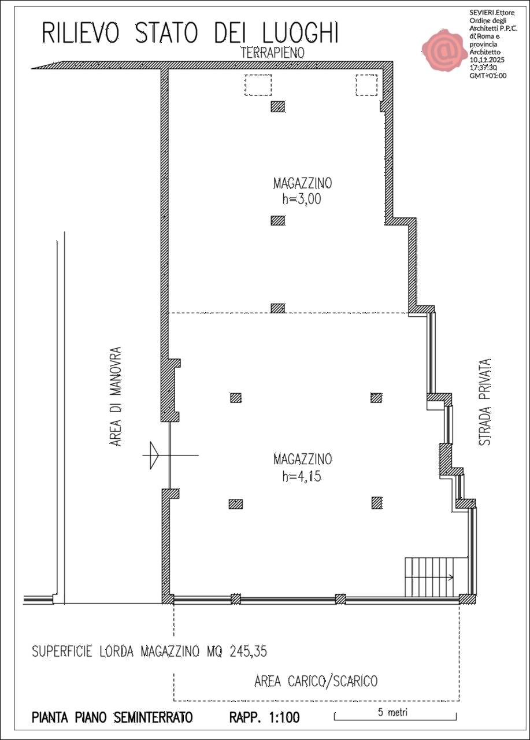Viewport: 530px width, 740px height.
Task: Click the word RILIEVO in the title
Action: pyautogui.click(x=80, y=33)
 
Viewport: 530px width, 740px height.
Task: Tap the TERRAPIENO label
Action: pyautogui.click(x=272, y=53)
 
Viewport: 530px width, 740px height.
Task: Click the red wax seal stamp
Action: pyautogui.click(x=445, y=50)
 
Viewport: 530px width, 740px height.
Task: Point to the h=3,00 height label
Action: pyautogui.click(x=302, y=199)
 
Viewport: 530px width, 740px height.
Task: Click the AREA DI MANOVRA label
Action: pyautogui.click(x=116, y=397)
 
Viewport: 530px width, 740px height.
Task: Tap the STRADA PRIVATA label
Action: pyautogui.click(x=484, y=402)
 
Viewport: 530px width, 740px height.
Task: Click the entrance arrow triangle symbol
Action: pyautogui.click(x=154, y=455)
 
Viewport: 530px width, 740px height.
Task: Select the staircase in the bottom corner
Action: pyautogui.click(x=436, y=577)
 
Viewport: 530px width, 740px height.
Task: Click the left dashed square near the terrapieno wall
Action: pyautogui.click(x=258, y=85)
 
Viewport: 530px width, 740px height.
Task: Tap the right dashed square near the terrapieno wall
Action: pyautogui.click(x=366, y=85)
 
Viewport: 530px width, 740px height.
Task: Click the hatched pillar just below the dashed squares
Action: pyautogui.click(x=277, y=107)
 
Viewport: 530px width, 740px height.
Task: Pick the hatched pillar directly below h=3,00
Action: pyautogui.click(x=277, y=220)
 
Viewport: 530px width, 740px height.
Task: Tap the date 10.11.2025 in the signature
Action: pyautogui.click(x=487, y=60)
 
